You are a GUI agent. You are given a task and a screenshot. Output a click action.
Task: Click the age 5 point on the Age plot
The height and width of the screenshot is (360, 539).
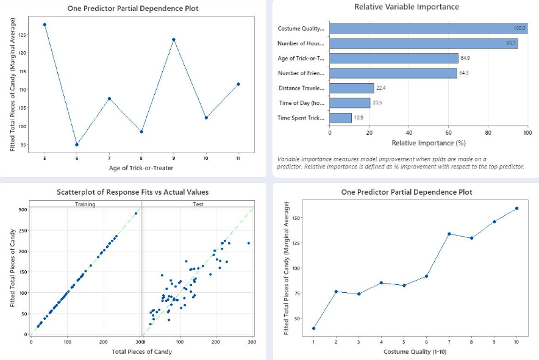point(45,24)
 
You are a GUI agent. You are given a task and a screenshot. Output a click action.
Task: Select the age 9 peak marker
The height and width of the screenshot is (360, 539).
point(174,40)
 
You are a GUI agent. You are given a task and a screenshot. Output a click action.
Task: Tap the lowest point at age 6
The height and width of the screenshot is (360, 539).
point(77,145)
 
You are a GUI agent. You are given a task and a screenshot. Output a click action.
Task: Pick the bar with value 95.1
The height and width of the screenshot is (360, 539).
point(424,43)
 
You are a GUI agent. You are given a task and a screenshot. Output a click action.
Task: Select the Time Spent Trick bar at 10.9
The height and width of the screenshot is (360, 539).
point(341,118)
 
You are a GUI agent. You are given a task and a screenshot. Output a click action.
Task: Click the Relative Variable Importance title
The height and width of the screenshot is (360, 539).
point(407,7)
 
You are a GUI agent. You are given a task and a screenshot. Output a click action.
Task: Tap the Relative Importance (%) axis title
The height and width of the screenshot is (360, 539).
point(424,143)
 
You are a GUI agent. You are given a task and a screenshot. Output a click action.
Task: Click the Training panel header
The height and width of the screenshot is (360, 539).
point(85,204)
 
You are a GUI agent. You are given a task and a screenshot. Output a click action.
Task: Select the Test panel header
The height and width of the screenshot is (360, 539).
point(198,204)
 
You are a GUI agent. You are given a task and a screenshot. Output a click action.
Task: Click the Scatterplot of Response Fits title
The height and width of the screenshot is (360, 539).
point(132,192)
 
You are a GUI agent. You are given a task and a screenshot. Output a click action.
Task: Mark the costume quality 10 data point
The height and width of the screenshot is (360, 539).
point(517,208)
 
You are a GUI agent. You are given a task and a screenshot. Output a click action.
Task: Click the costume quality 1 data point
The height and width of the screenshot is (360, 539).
point(313,328)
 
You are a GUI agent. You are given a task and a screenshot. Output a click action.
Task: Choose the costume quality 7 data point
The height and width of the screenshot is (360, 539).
point(449,234)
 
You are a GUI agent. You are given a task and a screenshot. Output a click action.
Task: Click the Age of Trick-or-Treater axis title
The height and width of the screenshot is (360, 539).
point(141,168)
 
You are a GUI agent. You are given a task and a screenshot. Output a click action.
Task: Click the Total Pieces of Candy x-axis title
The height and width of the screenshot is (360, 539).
point(141,351)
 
